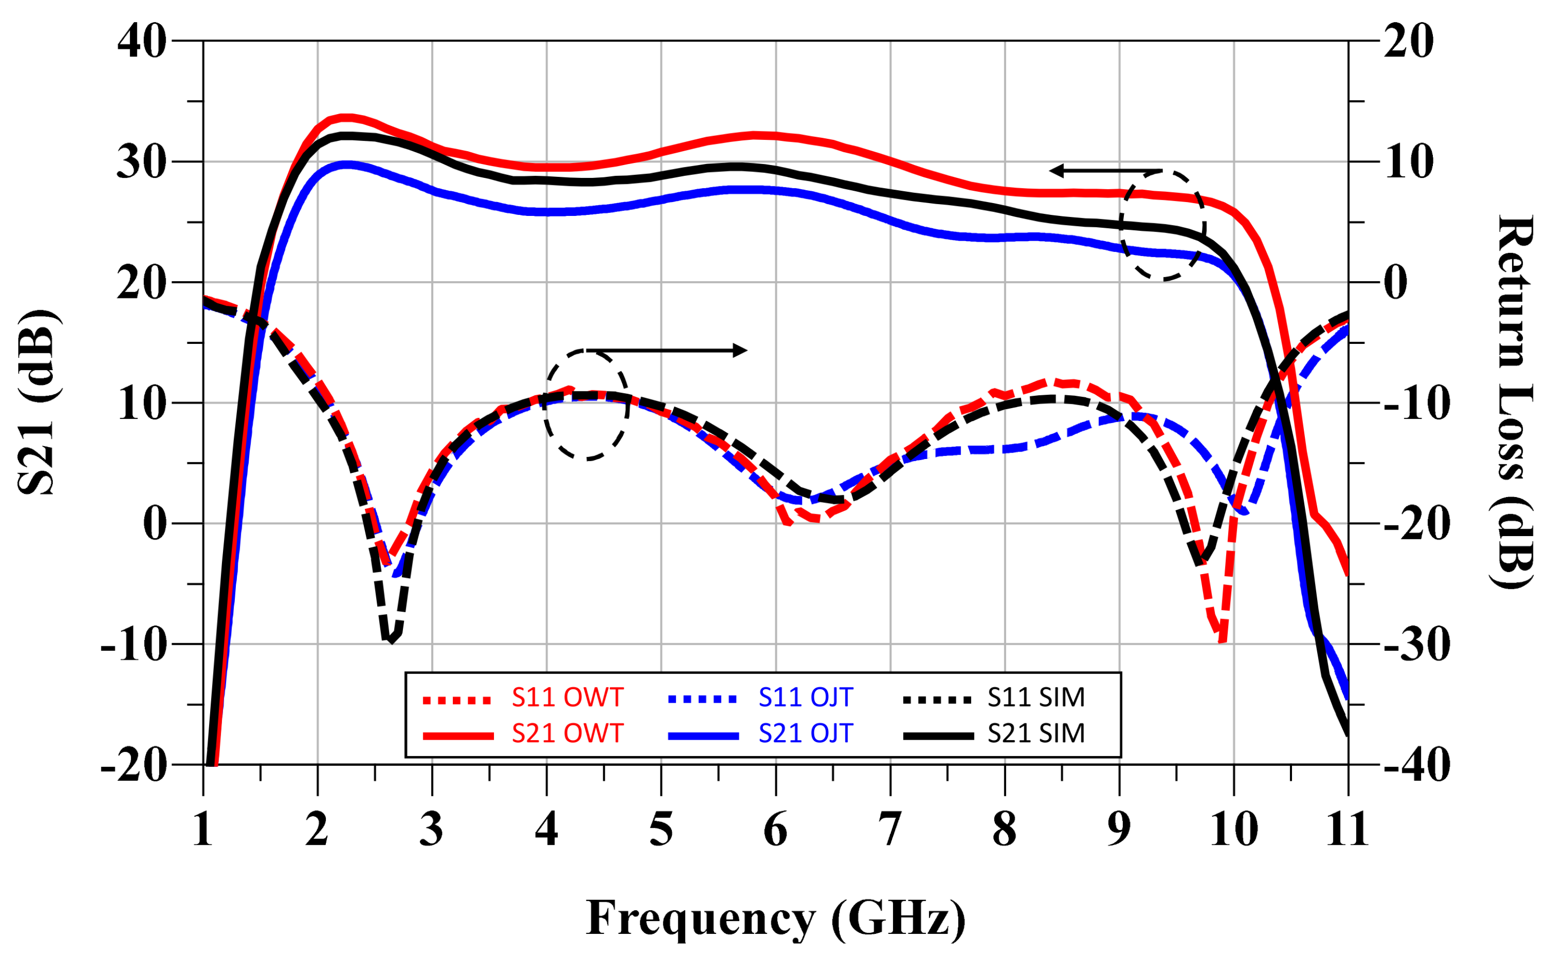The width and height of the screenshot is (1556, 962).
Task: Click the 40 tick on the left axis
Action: pos(141,42)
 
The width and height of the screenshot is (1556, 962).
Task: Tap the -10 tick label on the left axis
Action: pos(133,644)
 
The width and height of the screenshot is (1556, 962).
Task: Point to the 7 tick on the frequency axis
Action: pos(889,829)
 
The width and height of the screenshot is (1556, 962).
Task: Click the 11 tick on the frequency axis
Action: pos(1347,829)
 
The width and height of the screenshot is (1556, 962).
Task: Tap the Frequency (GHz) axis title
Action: pos(775,918)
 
